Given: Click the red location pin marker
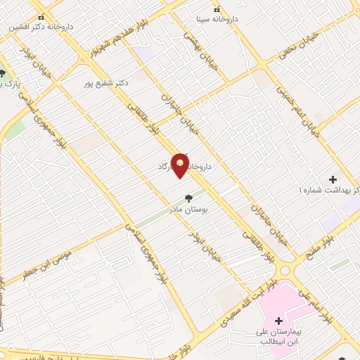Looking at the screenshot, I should coord(181,165).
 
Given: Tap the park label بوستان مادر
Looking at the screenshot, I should coord(188,209).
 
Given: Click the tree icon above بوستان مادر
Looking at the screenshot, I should coord(188,198).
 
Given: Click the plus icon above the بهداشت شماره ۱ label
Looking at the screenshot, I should coord(333,180).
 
